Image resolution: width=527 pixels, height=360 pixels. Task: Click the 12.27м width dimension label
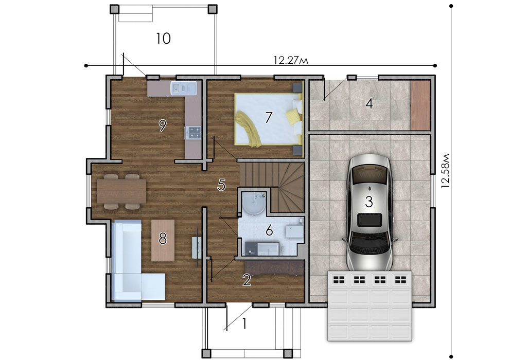(291, 60)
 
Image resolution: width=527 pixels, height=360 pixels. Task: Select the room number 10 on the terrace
(163, 39)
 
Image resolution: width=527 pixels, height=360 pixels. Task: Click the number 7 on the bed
(268, 118)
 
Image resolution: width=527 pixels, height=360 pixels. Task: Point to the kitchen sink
(183, 88)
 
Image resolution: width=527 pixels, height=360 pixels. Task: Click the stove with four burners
(193, 132)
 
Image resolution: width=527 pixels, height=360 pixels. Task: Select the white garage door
(370, 305)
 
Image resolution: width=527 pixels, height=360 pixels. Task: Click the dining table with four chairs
(121, 191)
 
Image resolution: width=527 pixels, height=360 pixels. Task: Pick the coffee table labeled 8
(163, 241)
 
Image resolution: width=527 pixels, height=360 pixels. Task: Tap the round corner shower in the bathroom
(254, 204)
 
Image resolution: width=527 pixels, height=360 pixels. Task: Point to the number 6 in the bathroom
(269, 231)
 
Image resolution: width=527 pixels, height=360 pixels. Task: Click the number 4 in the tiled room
(369, 103)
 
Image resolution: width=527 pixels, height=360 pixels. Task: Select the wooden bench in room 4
(420, 105)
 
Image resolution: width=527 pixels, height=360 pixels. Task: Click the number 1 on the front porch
(244, 323)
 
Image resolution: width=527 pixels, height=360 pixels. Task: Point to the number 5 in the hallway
(221, 185)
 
